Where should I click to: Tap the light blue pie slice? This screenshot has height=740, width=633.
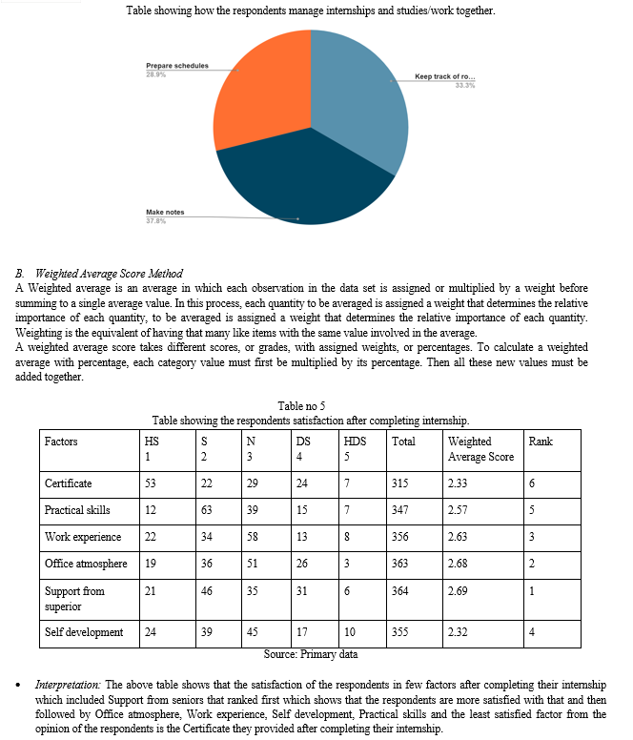point(367,105)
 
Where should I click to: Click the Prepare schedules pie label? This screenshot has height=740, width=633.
point(176,67)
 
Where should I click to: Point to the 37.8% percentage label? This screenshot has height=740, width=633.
point(154,221)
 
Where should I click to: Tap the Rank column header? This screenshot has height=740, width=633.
point(540,442)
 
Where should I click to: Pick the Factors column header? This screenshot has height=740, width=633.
point(61,442)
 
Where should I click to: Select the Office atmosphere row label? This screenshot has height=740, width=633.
point(86,564)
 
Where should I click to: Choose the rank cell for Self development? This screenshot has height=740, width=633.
point(532,632)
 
